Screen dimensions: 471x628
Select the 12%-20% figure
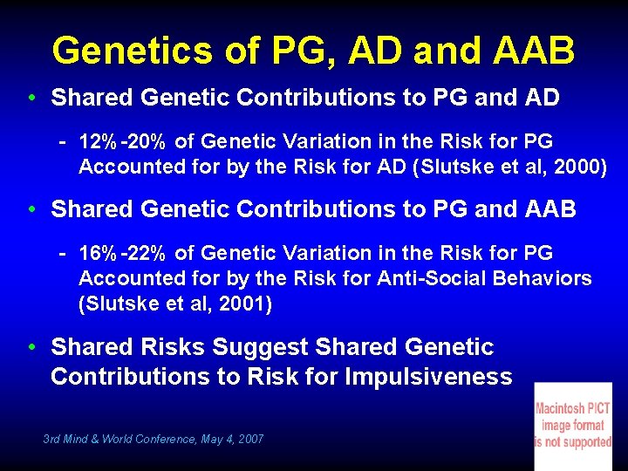[x=123, y=141]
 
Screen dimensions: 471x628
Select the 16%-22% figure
[x=123, y=254]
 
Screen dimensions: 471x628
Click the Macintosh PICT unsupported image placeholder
[x=573, y=425]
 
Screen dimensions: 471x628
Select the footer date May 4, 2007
[x=232, y=440]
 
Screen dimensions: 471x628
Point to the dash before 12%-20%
[x=64, y=141]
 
